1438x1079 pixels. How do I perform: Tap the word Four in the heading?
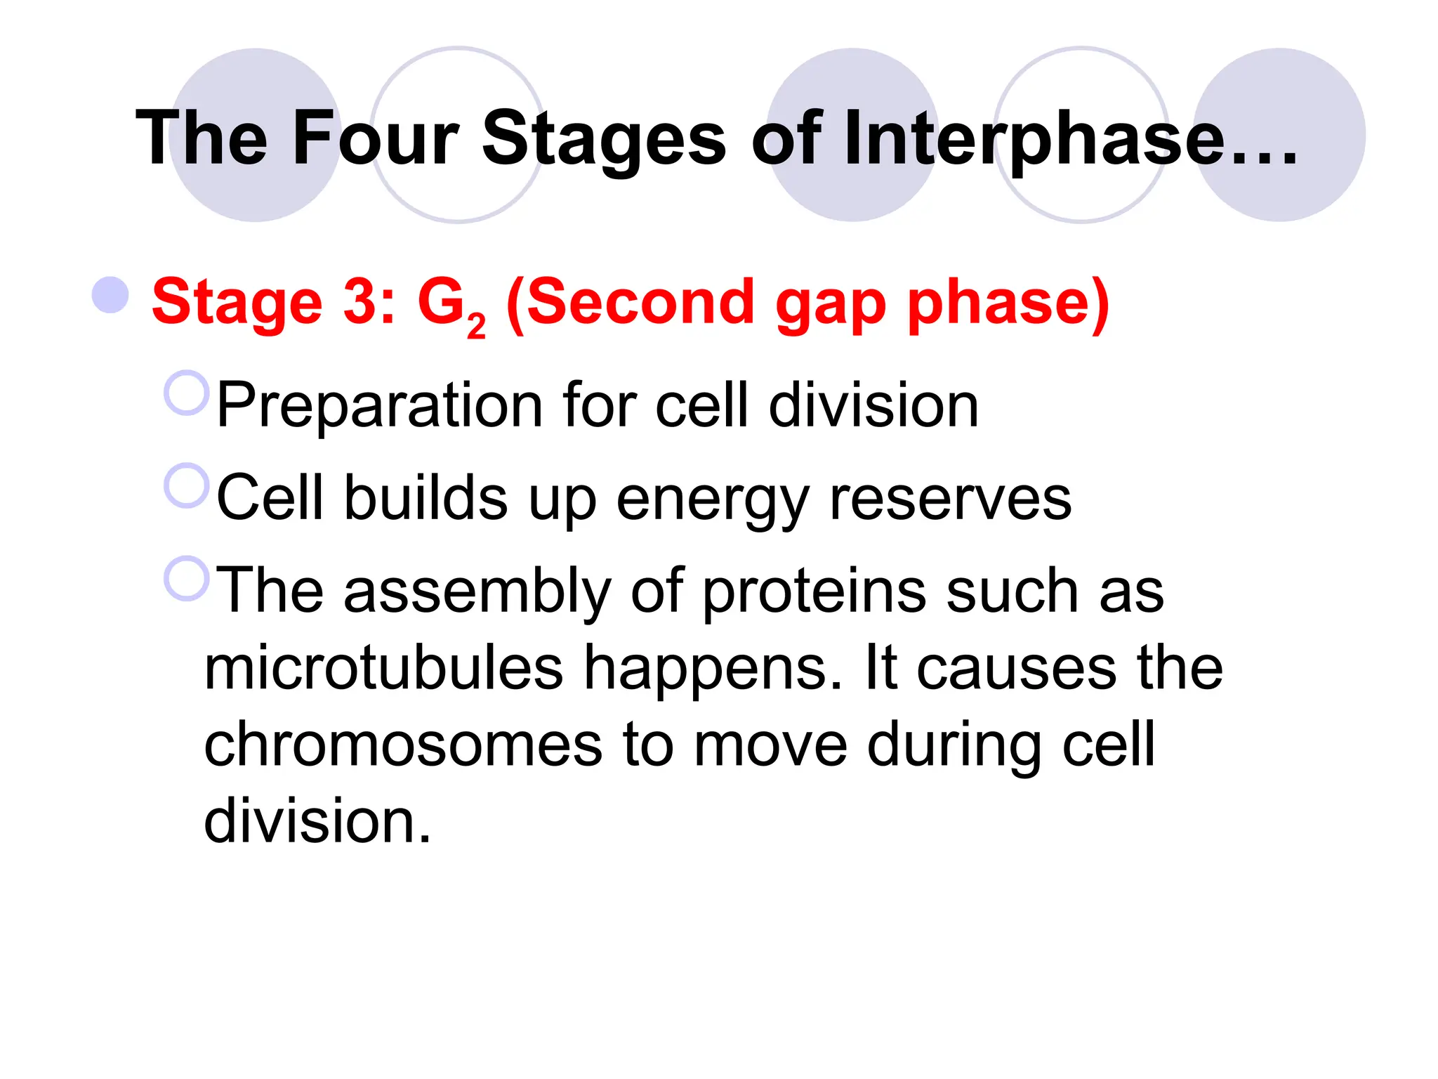pos(375,138)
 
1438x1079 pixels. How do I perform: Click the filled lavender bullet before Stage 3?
pos(111,295)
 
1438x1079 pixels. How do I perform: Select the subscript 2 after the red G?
pos(476,327)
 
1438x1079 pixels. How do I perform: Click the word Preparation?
pos(380,406)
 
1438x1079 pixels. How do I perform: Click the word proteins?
pos(814,592)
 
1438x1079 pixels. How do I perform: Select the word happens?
pos(712,669)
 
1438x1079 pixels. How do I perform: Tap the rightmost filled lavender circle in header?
pos(1279,135)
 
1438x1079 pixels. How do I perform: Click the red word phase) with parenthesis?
pos(1008,303)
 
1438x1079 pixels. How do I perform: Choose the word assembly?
pos(477,592)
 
